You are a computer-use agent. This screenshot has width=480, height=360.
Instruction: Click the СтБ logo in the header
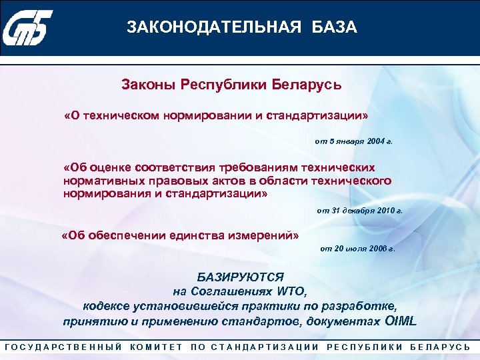click(x=27, y=27)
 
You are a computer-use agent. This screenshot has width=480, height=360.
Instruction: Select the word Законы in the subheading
click(x=145, y=85)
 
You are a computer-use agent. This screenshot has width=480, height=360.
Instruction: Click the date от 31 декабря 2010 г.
click(x=360, y=210)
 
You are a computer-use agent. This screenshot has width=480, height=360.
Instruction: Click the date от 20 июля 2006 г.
click(x=357, y=249)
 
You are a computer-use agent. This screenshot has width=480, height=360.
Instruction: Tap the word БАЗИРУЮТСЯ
click(x=240, y=276)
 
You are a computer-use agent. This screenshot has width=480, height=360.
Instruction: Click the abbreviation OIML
click(x=401, y=321)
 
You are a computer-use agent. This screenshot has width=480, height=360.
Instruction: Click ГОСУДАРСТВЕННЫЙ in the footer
click(x=63, y=347)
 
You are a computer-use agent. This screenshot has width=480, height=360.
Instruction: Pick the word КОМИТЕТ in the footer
click(x=157, y=347)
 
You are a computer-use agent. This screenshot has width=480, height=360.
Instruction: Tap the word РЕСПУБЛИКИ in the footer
click(x=365, y=347)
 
